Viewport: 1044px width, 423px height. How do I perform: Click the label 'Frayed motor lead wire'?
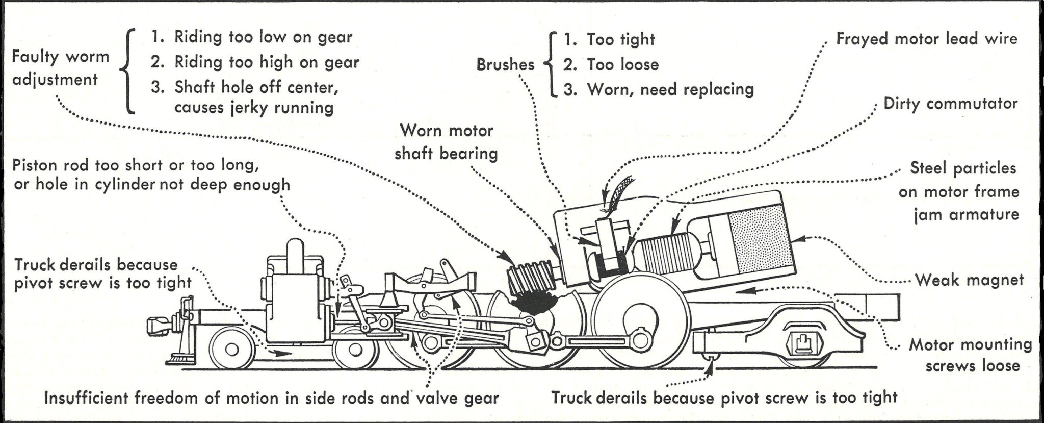(926, 39)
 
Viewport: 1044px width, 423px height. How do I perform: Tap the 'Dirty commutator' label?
(950, 104)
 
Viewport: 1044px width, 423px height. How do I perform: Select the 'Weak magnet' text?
(969, 280)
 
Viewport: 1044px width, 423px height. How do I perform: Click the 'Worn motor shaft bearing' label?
(446, 142)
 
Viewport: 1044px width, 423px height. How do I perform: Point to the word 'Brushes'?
(505, 65)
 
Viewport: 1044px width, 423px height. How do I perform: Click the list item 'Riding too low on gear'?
(263, 37)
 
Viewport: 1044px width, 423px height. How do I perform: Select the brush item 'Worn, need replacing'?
(670, 90)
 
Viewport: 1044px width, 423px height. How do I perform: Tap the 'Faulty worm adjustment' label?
(60, 68)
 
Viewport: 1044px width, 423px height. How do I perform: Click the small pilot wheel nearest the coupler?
(232, 349)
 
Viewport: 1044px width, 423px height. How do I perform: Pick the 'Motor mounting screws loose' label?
(970, 355)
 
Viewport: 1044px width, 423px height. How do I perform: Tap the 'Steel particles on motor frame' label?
(958, 191)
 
